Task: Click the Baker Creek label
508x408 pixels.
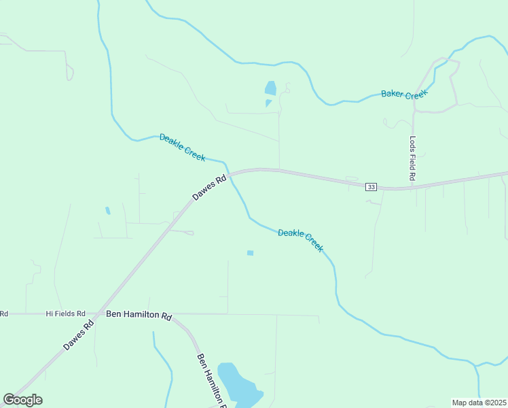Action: (x=404, y=94)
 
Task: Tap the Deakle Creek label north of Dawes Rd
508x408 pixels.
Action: (x=182, y=147)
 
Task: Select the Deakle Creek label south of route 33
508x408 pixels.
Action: (x=300, y=240)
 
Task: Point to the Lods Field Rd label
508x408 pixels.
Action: (x=412, y=158)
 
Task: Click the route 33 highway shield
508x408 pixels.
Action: (x=371, y=187)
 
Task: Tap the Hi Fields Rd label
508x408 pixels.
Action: (x=65, y=313)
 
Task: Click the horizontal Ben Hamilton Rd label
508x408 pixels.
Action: (x=139, y=316)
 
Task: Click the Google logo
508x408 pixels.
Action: (x=23, y=400)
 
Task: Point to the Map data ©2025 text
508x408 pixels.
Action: (x=479, y=403)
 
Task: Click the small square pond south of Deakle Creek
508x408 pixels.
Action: (x=250, y=253)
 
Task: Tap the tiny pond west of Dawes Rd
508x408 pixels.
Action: (x=107, y=211)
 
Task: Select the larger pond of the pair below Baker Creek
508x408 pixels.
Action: (x=270, y=88)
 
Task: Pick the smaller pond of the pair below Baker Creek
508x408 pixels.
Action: (x=268, y=103)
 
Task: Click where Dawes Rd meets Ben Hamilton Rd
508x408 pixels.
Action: (x=100, y=314)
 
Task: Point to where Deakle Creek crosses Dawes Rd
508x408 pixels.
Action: (x=231, y=174)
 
